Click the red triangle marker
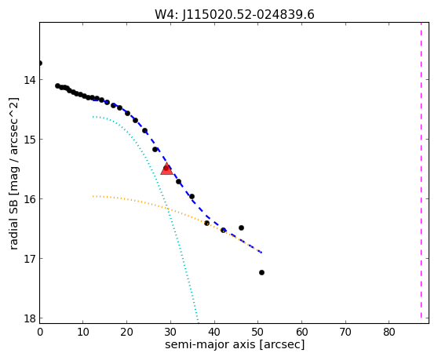pyautogui.click(x=166, y=169)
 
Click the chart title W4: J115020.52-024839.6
pyautogui.click(x=235, y=15)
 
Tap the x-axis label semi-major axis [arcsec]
pyautogui.click(x=235, y=344)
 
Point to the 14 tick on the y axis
pyautogui.click(x=30, y=80)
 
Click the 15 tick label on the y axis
pyautogui.click(x=30, y=140)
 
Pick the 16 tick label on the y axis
pyautogui.click(x=30, y=199)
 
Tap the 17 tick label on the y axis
pyautogui.click(x=30, y=259)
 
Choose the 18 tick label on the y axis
pyautogui.click(x=30, y=318)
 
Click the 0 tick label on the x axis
pyautogui.click(x=40, y=332)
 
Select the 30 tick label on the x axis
pyautogui.click(x=170, y=332)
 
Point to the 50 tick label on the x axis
pyautogui.click(x=257, y=332)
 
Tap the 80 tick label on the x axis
pyautogui.click(x=389, y=332)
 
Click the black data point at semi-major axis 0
pyautogui.click(x=40, y=63)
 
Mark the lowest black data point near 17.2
pyautogui.click(x=261, y=272)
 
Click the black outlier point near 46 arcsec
pyautogui.click(x=241, y=227)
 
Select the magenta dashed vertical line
pyautogui.click(x=421, y=170)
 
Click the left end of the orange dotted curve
pyautogui.click(x=93, y=196)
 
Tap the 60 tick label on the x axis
pyautogui.click(x=301, y=332)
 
